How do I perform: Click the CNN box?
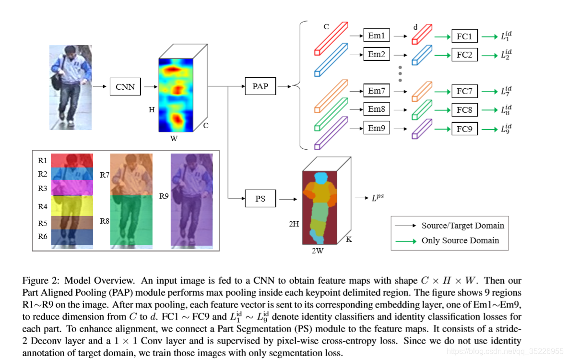point(125,87)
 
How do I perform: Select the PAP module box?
point(260,87)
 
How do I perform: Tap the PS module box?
point(260,198)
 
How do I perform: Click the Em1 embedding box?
point(377,36)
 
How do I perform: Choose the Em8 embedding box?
point(377,109)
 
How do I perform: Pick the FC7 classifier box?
point(464,91)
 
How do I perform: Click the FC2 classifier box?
point(464,55)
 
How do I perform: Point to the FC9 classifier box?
point(464,129)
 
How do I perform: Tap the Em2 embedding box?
point(377,54)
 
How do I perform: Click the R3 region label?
point(43,189)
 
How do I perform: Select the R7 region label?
point(105,175)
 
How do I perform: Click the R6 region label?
point(43,236)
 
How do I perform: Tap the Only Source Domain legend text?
point(460,240)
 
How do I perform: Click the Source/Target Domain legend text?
point(462,225)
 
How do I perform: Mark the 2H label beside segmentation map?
point(294,224)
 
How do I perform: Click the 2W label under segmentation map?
point(317,250)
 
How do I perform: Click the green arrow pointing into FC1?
point(441,36)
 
